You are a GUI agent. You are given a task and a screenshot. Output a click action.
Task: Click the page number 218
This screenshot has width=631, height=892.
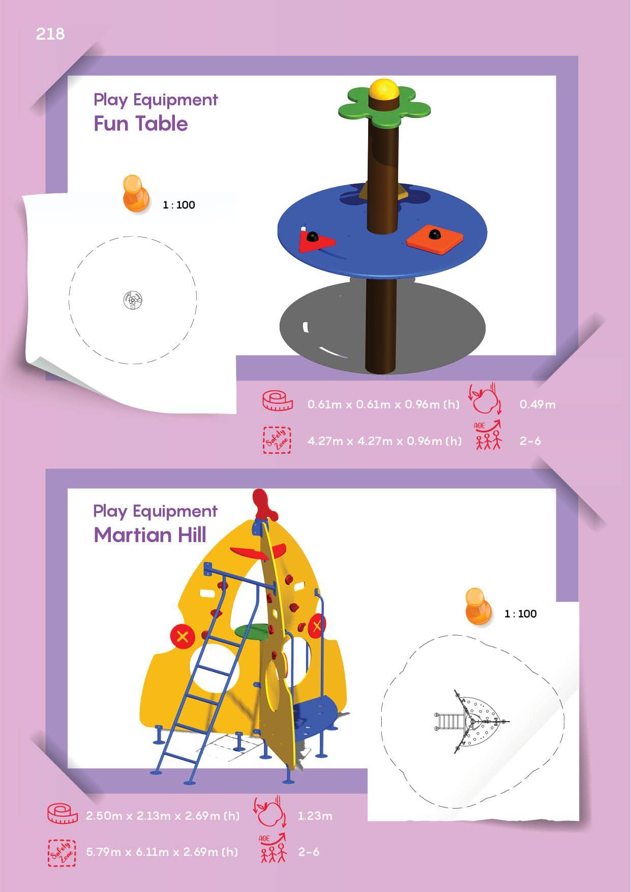(x=50, y=34)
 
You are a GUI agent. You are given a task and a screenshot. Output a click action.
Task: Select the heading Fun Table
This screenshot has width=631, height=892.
(x=140, y=124)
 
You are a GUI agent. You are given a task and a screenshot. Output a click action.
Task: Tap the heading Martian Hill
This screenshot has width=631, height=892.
(x=150, y=535)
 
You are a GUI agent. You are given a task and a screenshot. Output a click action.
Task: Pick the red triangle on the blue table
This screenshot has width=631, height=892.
(x=316, y=241)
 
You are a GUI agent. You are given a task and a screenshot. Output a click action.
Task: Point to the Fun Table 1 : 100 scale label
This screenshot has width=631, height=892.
(x=179, y=205)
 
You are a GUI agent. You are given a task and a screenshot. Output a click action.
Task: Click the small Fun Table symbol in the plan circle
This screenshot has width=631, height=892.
(x=133, y=301)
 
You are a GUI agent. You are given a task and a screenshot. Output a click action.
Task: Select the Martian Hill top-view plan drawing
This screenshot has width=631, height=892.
(x=471, y=722)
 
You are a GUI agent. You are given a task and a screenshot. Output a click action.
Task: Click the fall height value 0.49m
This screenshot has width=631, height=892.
(x=537, y=405)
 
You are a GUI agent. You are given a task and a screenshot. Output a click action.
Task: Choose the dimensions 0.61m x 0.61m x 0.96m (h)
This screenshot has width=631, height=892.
(x=383, y=405)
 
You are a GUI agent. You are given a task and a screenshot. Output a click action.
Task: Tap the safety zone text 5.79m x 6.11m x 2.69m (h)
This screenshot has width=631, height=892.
(x=162, y=852)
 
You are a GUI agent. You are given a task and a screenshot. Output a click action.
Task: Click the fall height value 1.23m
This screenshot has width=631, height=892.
(x=315, y=816)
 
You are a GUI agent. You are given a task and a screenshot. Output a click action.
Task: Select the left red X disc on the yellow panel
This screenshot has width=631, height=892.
(x=184, y=636)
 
